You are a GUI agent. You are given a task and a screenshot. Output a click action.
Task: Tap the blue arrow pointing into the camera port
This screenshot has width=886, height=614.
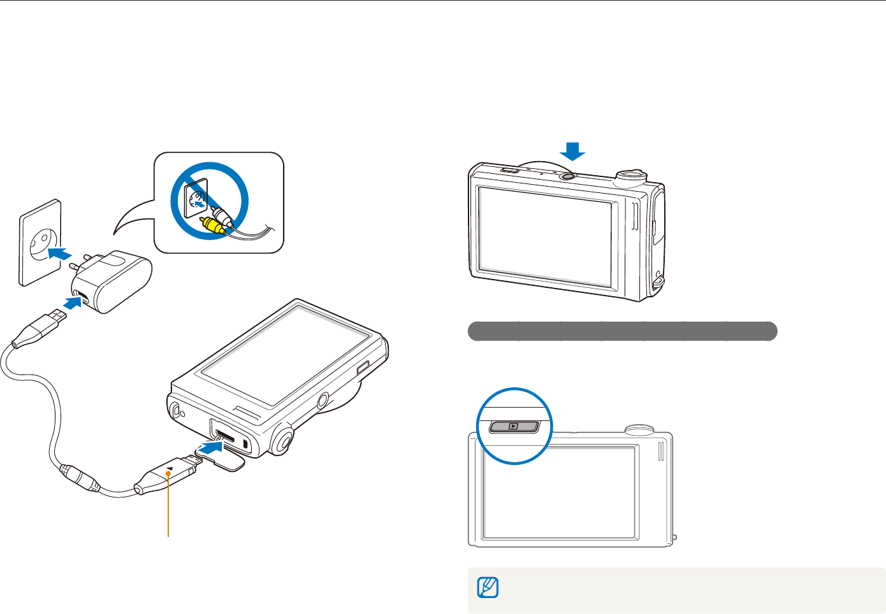[210, 448]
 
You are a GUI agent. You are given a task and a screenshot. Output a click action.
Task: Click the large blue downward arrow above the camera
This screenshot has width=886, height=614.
[572, 152]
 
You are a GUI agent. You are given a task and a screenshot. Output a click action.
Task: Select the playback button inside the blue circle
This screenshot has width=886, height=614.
[514, 426]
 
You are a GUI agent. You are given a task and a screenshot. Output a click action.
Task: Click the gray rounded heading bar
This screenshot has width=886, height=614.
[622, 331]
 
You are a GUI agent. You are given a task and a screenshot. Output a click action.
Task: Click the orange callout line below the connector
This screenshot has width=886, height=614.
[169, 510]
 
